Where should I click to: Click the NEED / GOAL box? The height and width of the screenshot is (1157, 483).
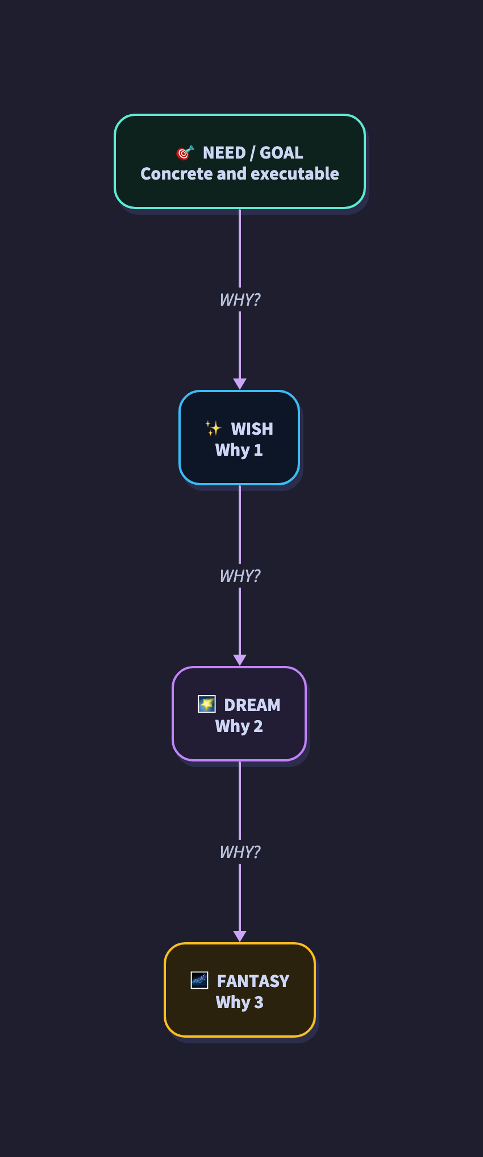(x=239, y=161)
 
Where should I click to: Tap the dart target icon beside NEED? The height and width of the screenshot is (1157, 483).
(x=185, y=153)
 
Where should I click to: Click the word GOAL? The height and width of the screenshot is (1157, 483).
(x=281, y=153)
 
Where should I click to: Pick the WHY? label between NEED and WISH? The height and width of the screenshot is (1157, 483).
(x=240, y=299)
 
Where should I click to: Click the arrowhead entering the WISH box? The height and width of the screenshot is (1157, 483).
(x=240, y=384)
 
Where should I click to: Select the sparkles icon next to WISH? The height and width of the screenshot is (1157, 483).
(x=213, y=428)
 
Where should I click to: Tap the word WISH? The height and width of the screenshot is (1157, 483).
(x=252, y=428)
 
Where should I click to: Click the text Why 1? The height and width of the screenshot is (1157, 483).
(x=239, y=450)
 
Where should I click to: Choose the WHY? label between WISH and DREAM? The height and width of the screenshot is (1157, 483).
(x=240, y=576)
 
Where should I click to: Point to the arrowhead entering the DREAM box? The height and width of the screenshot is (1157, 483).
(x=240, y=660)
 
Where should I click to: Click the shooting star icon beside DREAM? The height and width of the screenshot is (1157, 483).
(x=206, y=704)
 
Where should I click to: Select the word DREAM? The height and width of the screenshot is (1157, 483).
(x=252, y=705)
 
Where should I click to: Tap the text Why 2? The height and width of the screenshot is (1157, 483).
(x=239, y=726)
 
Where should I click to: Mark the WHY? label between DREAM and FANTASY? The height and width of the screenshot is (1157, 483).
(x=240, y=852)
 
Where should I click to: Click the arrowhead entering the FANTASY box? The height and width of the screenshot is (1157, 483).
(x=240, y=936)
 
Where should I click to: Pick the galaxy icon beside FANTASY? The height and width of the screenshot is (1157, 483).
(x=199, y=980)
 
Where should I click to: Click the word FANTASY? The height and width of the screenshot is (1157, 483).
(x=253, y=981)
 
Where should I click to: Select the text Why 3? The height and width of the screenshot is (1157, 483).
(x=239, y=1002)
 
